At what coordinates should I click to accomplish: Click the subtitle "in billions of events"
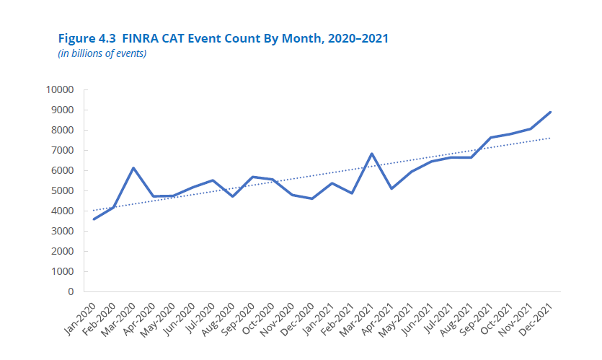click(x=102, y=53)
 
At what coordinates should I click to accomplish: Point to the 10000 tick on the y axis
click(x=60, y=90)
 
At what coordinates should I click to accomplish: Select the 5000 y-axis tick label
click(x=62, y=191)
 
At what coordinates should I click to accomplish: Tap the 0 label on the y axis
click(x=71, y=292)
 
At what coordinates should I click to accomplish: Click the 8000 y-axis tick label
click(x=62, y=131)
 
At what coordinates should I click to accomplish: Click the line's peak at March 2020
click(x=133, y=168)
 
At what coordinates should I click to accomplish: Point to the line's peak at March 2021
click(x=371, y=154)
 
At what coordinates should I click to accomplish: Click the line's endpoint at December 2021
click(x=551, y=112)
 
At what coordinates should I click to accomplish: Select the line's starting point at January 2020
click(x=94, y=219)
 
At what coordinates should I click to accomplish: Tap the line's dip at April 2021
click(x=391, y=188)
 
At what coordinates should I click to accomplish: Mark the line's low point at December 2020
click(x=311, y=198)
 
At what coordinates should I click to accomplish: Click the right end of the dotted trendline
click(x=551, y=138)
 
